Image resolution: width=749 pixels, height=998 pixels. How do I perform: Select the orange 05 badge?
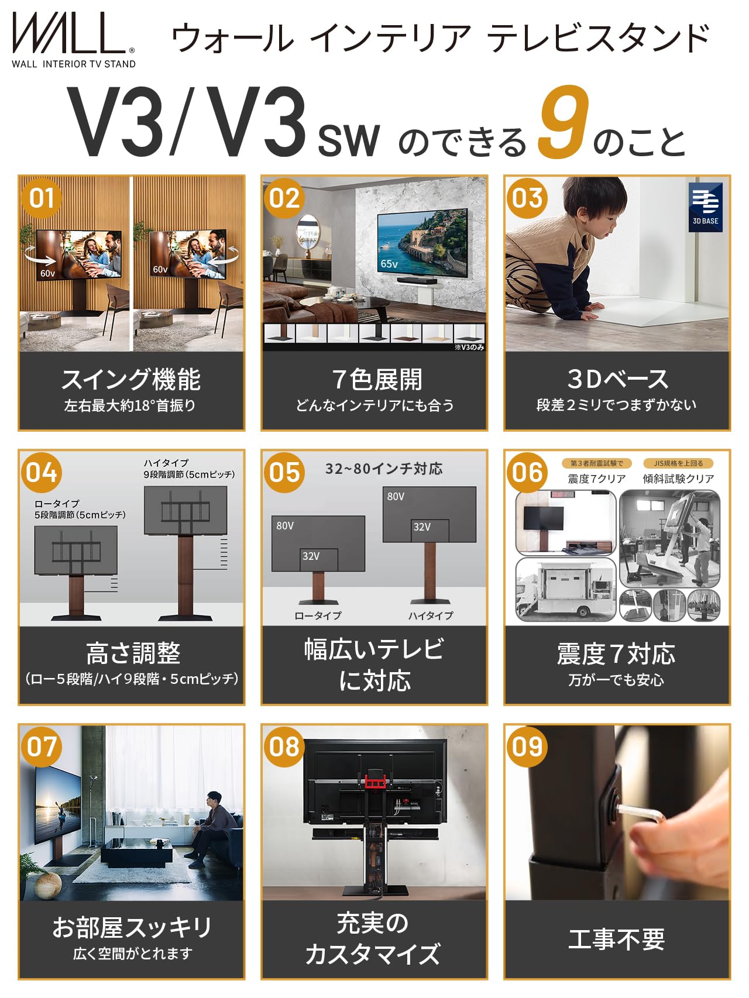[284, 473]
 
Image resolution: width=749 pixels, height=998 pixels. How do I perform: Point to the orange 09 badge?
[527, 747]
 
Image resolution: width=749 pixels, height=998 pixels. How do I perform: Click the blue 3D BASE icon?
[705, 207]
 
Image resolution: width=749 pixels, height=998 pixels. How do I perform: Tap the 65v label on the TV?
[389, 264]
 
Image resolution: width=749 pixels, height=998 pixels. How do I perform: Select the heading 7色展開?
[376, 380]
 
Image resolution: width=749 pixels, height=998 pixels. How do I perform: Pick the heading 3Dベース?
[617, 379]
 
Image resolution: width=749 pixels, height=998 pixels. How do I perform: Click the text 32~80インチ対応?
[384, 469]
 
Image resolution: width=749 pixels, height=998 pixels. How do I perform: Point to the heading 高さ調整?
[133, 653]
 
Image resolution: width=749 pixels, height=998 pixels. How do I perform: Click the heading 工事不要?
[617, 940]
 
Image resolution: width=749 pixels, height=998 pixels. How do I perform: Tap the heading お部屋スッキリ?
[132, 927]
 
